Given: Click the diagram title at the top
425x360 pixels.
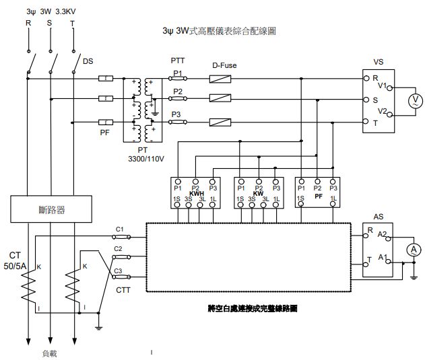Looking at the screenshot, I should [220, 31].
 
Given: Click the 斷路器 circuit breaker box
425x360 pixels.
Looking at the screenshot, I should [51, 210].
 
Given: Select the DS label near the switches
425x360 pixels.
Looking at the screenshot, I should [88, 61].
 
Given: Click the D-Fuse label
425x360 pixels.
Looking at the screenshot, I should [224, 65].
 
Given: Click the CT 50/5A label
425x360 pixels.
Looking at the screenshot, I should [17, 261].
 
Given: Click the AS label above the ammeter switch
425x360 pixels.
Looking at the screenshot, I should [378, 218].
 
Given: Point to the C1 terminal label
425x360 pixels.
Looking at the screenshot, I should [120, 229].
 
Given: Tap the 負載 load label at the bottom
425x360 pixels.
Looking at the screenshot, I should [50, 352].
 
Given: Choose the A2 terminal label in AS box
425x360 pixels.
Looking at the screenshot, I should [382, 234].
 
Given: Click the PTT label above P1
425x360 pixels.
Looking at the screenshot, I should [178, 61].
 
